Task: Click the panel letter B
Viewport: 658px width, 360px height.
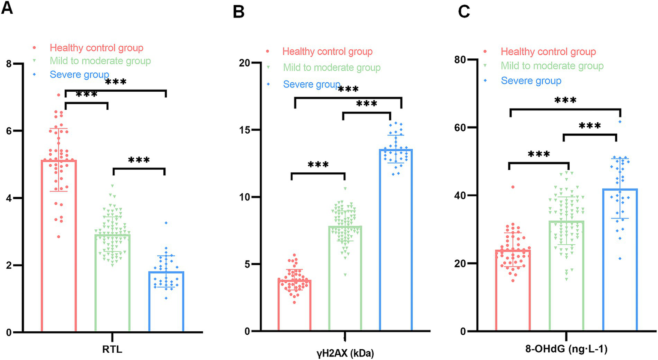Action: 238,12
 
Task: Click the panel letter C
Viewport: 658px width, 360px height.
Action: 464,12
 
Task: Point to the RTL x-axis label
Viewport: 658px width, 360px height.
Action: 113,350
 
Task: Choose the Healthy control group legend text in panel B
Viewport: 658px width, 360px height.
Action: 327,52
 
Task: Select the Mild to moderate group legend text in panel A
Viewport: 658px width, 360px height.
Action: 100,61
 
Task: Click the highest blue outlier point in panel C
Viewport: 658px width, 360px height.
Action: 620,122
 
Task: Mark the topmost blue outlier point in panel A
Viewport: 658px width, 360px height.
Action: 165,223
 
